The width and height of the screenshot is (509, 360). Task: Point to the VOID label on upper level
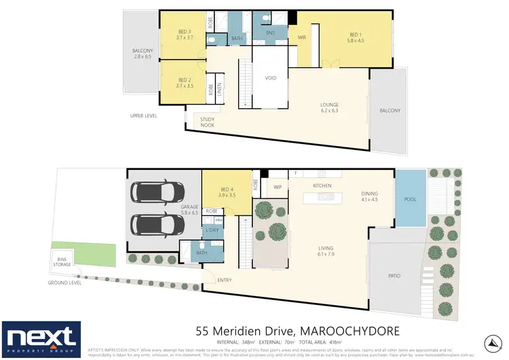tap(271, 78)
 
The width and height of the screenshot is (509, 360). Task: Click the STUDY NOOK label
tap(206, 122)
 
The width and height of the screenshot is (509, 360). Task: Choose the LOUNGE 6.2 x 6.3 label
tap(330, 108)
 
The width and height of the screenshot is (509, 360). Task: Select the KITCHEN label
tap(321, 185)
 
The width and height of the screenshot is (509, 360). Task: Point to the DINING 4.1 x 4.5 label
tap(370, 196)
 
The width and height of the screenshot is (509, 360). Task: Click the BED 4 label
tap(227, 192)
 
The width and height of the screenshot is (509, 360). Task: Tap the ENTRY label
tap(225, 280)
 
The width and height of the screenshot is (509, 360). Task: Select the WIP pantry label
tap(277, 185)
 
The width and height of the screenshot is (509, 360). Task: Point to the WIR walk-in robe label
tap(303, 37)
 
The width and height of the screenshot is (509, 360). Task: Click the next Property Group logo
tap(41, 338)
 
